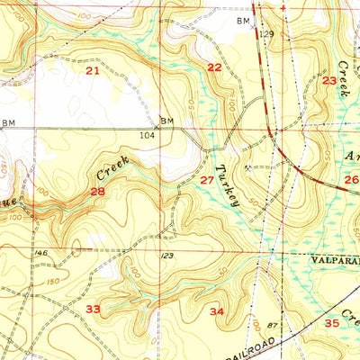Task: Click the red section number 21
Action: coord(91,70)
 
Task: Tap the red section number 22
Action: coord(214,67)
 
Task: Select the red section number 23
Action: coord(329,82)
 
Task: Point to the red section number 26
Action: coord(351,179)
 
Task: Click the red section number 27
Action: coord(207,181)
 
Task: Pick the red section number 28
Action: coord(97,192)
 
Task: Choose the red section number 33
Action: coord(93,309)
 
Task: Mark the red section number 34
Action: coord(216,311)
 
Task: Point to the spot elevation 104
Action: coord(148,135)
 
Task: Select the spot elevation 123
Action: coord(166,257)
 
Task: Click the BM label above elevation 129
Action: coord(242,19)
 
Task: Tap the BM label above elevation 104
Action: coord(166,121)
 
